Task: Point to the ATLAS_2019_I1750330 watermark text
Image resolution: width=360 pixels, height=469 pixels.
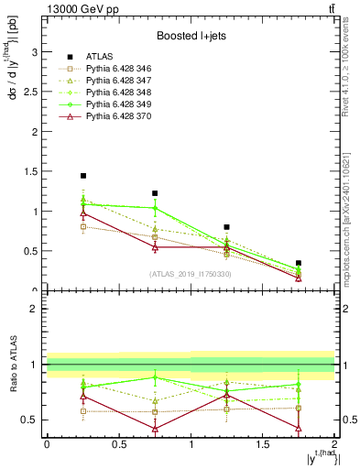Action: click(x=191, y=273)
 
